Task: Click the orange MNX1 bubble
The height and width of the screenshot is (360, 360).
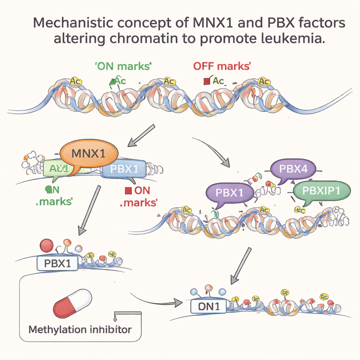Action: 89,154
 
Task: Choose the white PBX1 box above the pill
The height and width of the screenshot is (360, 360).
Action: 57,263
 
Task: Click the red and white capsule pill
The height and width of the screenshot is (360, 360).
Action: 72,303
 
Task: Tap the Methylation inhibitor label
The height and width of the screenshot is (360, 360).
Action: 80,330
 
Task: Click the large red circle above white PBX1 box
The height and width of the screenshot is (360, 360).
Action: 46,246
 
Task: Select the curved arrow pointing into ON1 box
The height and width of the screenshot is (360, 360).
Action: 155,298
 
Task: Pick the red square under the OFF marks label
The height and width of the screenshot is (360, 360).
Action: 206,82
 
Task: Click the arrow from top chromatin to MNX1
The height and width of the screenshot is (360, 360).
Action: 141,135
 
